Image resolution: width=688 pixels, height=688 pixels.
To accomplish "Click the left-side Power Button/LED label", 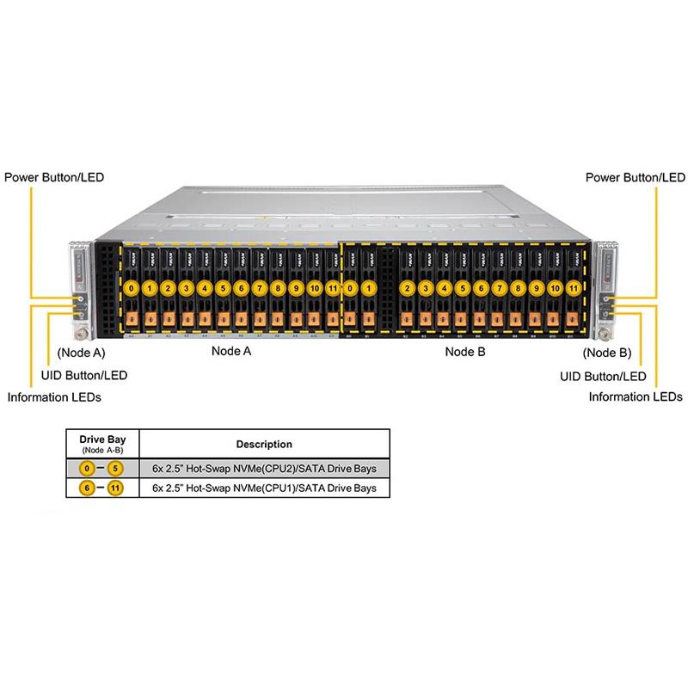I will click(x=55, y=178).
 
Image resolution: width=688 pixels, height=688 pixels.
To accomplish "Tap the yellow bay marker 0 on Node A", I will click(x=131, y=287).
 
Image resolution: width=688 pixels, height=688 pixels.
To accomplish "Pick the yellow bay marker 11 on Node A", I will click(x=333, y=287).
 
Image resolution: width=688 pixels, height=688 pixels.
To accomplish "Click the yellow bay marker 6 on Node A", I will click(x=241, y=287).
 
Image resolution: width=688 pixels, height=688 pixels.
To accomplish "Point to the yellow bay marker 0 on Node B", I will click(x=351, y=287).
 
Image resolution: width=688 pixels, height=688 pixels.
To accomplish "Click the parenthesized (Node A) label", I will click(x=81, y=353).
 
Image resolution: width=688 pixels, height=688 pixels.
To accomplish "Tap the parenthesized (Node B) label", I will click(x=607, y=353).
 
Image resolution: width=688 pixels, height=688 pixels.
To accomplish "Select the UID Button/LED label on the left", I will click(x=84, y=376).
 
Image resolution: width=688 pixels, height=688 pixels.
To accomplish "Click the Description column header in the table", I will click(x=264, y=445).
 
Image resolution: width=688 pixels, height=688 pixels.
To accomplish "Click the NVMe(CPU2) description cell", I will click(x=264, y=469).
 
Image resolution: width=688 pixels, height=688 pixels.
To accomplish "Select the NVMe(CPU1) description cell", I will click(x=264, y=488).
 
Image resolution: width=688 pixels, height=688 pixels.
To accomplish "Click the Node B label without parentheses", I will click(x=465, y=352).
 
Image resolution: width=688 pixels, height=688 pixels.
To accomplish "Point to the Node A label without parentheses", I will click(x=231, y=352).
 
